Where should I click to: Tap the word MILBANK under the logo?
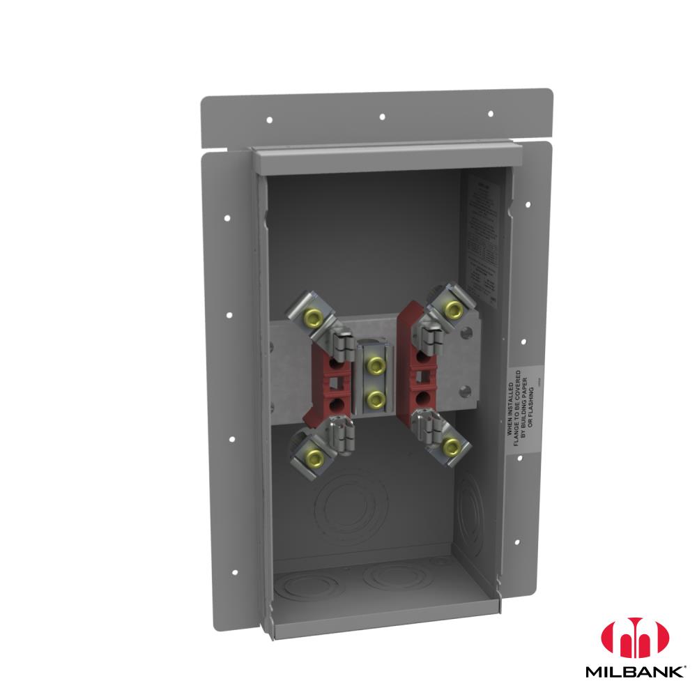coord(634,674)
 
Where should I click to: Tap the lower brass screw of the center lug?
coord(376,399)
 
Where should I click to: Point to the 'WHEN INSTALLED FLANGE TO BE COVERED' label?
coord(522,410)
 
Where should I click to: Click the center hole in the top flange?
coord(381,116)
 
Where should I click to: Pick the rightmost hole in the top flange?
coord(491,113)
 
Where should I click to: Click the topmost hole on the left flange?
coord(227,218)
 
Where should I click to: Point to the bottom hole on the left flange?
coord(234,572)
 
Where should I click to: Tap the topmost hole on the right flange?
coord(528,205)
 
